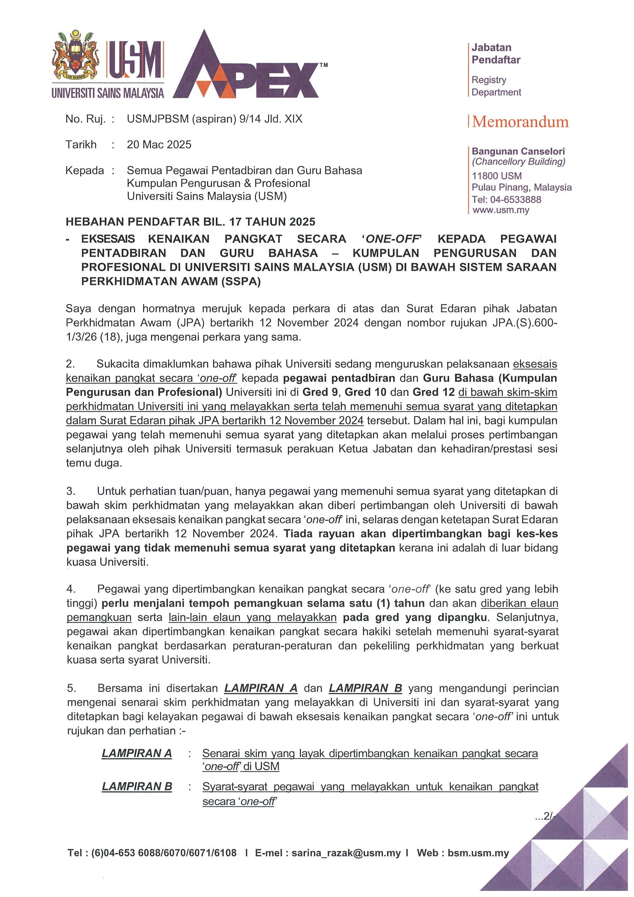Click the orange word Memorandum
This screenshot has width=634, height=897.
[520, 122]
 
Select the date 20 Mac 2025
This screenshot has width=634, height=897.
[159, 145]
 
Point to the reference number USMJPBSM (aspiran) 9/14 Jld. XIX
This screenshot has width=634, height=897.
[214, 119]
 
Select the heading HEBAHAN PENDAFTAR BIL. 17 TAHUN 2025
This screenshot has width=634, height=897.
[190, 222]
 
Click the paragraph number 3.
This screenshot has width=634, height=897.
[70, 491]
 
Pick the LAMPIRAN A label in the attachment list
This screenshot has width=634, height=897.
[137, 753]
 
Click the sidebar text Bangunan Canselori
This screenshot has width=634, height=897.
[518, 151]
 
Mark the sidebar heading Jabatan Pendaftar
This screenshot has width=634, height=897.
[496, 54]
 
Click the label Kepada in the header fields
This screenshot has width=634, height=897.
[84, 171]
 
